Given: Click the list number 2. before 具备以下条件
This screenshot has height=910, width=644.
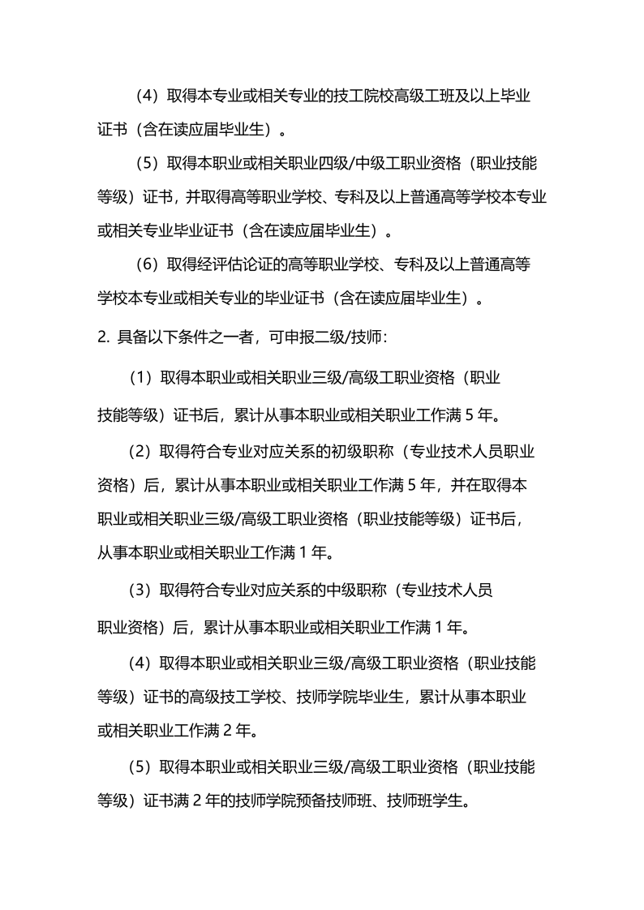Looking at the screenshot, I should tap(103, 337).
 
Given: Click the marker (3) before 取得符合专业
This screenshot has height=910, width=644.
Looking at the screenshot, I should tap(141, 590).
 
